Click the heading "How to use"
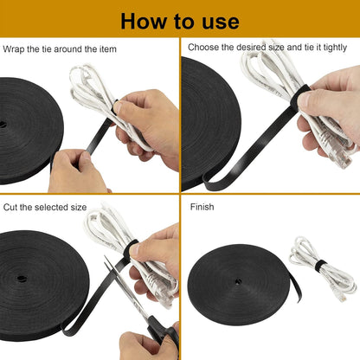[x=179, y=20]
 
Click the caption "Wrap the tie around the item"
[x=60, y=49]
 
